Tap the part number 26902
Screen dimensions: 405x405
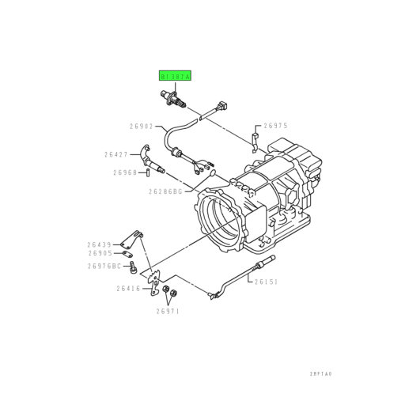pos(143,126)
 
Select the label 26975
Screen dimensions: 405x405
pos(276,125)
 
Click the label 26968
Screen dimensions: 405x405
pos(125,172)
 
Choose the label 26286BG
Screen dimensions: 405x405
pos(165,191)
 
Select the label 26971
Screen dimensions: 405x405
pos(168,311)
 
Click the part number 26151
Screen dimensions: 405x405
pos(267,281)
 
